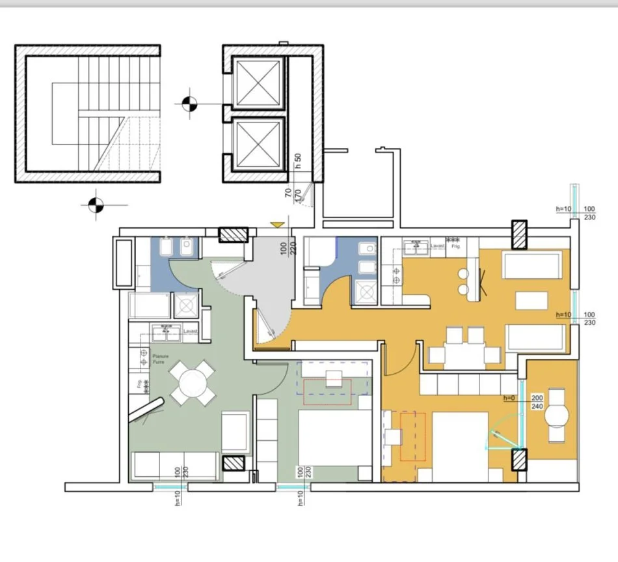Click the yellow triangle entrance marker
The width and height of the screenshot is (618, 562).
point(278,225)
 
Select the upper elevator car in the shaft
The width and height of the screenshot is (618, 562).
point(259,82)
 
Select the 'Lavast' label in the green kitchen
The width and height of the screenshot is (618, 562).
point(190,331)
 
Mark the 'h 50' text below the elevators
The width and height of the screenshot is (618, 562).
point(298,161)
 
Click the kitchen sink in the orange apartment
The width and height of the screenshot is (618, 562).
point(414,247)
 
